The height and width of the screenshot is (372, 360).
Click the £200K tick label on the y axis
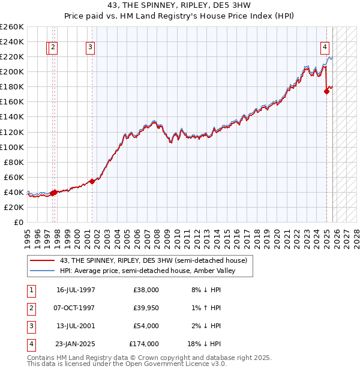coord(11,71)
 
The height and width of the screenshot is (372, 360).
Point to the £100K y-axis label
coord(11,147)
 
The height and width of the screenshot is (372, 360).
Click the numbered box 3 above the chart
coord(90,47)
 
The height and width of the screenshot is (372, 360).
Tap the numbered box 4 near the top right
coord(325,47)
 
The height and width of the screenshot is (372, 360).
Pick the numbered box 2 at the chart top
coord(53,47)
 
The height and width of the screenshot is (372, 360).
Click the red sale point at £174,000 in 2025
coord(327,91)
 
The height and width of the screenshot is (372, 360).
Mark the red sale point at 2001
coord(92,181)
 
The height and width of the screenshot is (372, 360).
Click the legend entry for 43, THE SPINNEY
coord(153,260)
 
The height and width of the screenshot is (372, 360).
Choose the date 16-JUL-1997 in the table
coord(76,290)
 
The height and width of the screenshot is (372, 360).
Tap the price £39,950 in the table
coord(144,308)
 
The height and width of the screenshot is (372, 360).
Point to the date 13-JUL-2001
coord(76,326)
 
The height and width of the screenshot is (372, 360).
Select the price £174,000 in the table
coord(144,344)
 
